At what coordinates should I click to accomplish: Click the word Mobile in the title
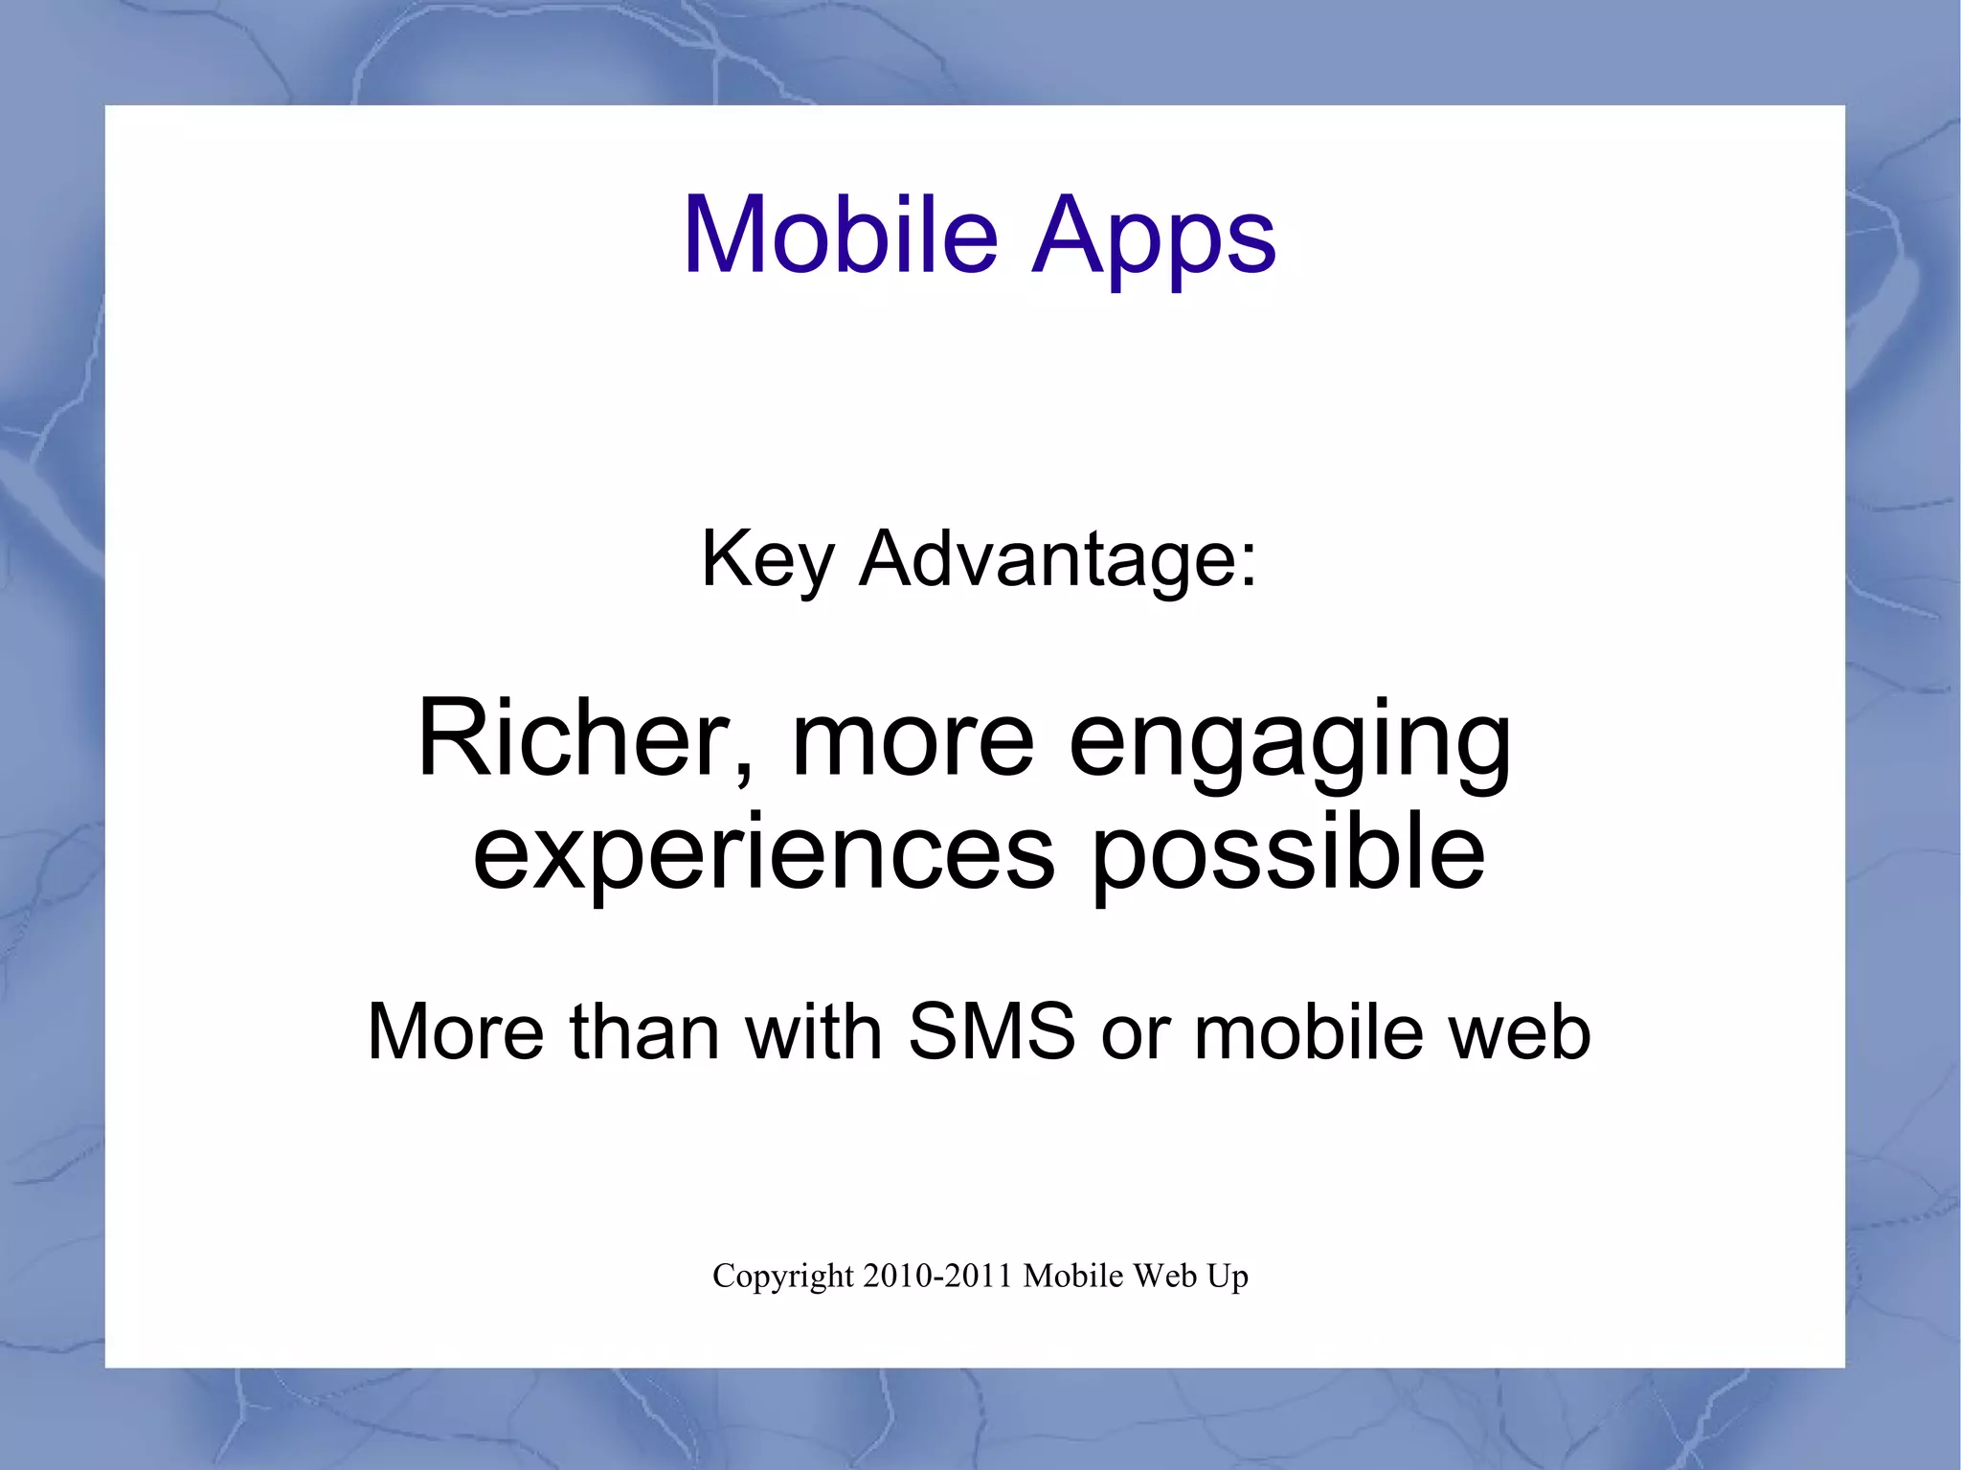point(840,235)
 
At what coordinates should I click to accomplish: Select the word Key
point(768,560)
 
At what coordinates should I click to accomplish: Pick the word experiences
point(763,852)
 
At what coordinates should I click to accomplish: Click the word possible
point(1289,852)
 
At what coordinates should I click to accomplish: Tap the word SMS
point(992,1031)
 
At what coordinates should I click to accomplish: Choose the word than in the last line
point(644,1031)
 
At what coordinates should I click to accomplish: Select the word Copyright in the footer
point(782,1277)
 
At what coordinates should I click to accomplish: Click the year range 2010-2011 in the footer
point(937,1276)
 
